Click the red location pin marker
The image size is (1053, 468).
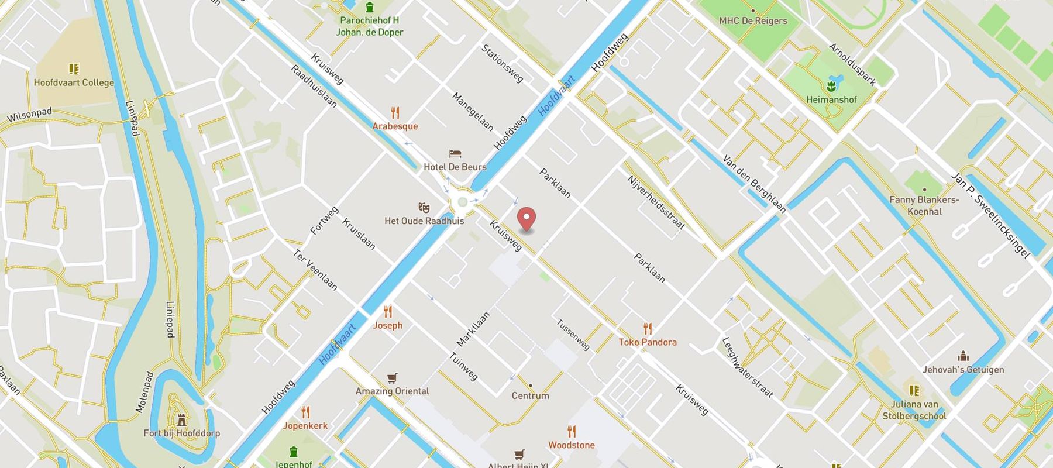click(x=527, y=219)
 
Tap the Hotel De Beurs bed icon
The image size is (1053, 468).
click(x=455, y=154)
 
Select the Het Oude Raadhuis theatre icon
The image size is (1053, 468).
click(x=424, y=208)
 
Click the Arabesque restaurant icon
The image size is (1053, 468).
click(x=395, y=112)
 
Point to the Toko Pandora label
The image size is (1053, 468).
click(x=648, y=342)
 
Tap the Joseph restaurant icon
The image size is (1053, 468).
click(x=387, y=311)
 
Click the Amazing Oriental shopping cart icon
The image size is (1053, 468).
click(x=392, y=378)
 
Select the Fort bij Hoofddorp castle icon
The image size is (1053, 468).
click(x=181, y=420)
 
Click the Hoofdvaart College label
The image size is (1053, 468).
click(x=74, y=82)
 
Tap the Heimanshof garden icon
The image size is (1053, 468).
click(x=831, y=87)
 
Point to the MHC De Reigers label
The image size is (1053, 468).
click(x=753, y=20)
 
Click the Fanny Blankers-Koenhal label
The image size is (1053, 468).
click(x=924, y=205)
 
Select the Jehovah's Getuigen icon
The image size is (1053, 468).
click(x=963, y=356)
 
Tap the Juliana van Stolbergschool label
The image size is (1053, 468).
click(x=914, y=410)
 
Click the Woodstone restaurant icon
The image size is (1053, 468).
click(x=572, y=432)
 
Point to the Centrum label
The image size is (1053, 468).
click(x=531, y=395)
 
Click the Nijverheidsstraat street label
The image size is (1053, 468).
click(x=655, y=202)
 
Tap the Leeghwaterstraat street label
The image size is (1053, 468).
click(x=747, y=367)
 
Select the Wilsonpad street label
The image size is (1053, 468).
click(x=29, y=115)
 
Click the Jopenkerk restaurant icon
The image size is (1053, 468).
click(x=305, y=412)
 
